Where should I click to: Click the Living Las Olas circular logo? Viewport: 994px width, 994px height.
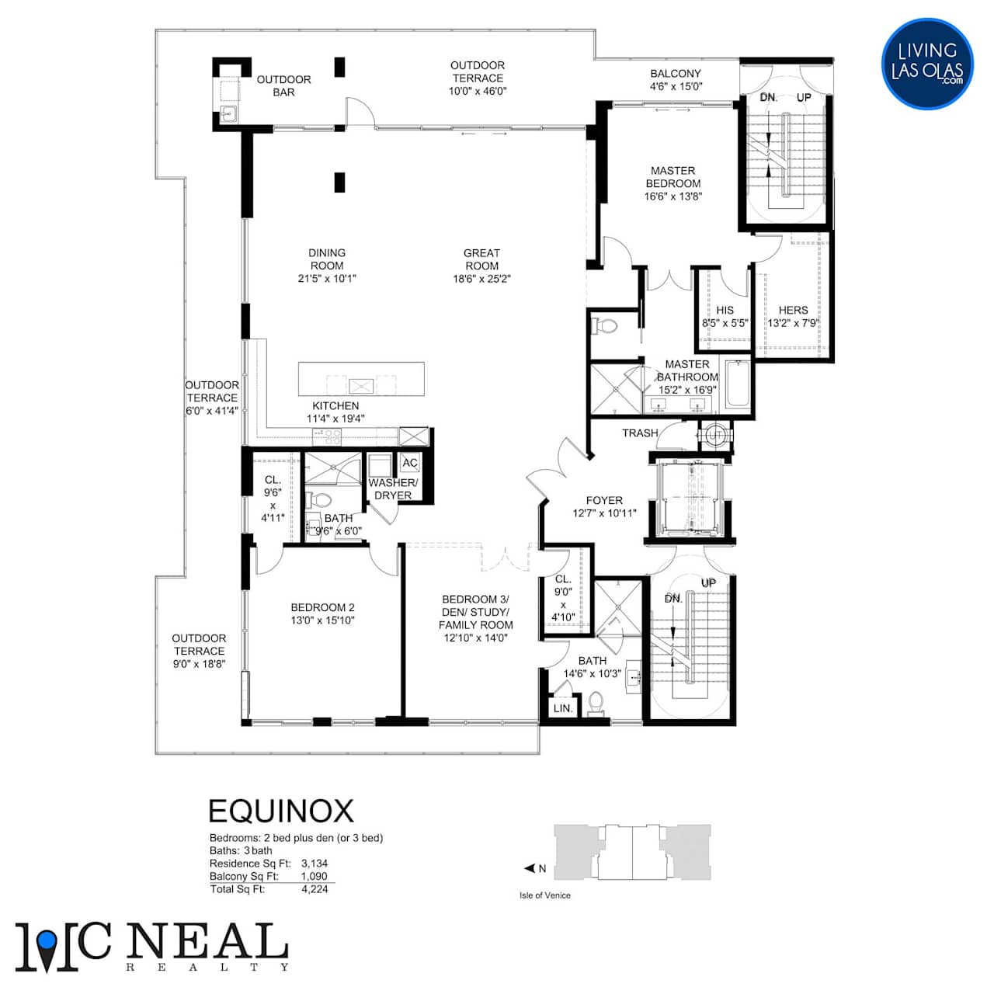coord(927,64)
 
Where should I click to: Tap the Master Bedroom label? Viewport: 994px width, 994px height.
coord(673,177)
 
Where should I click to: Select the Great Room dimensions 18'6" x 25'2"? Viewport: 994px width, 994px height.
coord(481,279)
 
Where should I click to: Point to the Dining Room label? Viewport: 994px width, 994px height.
coord(326,259)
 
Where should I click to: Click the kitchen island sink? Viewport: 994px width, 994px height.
coord(360,386)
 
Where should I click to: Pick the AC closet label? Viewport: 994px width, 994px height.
coord(409,463)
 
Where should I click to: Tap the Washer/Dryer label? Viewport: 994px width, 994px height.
coord(392,489)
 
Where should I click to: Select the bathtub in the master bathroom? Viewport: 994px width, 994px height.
coord(738,385)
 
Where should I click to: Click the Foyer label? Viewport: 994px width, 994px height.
coord(604,500)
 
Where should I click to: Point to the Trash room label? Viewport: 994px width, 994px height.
coord(640,433)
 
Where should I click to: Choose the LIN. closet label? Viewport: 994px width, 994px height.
coord(563,708)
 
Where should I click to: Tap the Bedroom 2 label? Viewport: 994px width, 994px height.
coord(322,607)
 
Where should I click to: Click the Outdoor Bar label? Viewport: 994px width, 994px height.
coord(283,85)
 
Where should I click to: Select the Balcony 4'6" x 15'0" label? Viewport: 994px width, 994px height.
coord(676,80)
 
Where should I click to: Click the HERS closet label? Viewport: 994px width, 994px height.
coord(793,311)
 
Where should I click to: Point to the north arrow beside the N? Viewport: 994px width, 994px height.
coord(530,868)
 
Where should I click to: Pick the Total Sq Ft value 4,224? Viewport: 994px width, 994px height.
coord(315,889)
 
